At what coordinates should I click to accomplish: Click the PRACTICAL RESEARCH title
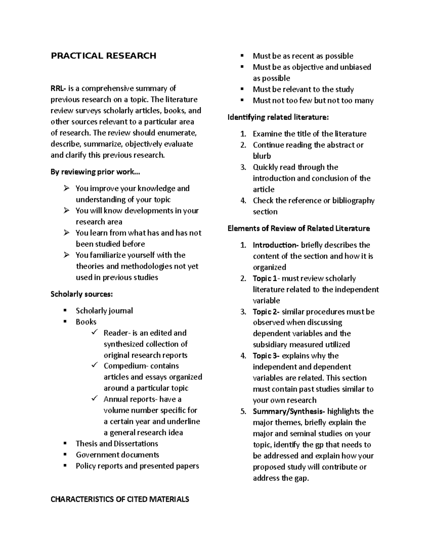[x=104, y=56]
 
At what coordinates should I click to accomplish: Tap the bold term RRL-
[x=58, y=88]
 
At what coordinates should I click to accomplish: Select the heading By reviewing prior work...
[x=95, y=172]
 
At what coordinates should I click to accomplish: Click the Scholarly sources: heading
[x=82, y=294]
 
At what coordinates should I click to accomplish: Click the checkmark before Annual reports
[x=95, y=399]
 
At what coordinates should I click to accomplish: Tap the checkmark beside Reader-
[x=95, y=333]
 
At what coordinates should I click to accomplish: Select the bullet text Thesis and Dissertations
[x=117, y=444]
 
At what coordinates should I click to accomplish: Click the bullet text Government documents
[x=117, y=455]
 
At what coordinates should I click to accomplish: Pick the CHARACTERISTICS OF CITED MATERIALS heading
[x=120, y=499]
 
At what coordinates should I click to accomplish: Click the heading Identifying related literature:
[x=278, y=117]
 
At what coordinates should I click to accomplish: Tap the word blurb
[x=262, y=156]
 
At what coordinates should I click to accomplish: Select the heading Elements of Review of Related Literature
[x=299, y=228]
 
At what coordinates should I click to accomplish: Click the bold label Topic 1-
[x=266, y=279]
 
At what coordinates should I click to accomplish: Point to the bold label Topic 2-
[x=266, y=312]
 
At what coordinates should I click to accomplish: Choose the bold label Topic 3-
[x=266, y=356]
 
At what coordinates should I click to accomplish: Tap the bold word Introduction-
[x=276, y=245]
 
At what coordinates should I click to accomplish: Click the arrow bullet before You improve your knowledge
[x=67, y=188]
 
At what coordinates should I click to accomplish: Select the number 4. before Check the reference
[x=243, y=201]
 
